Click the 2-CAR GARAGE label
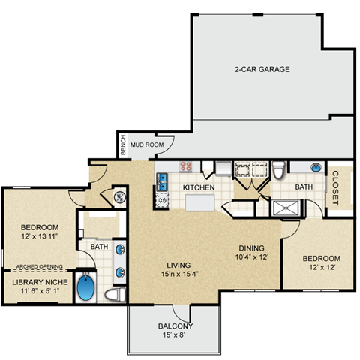(x=262, y=69)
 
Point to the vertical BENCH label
(x=123, y=145)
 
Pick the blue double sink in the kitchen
(x=161, y=179)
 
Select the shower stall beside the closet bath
(x=284, y=208)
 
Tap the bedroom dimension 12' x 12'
(x=321, y=268)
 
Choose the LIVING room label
(x=178, y=265)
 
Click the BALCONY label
(x=175, y=326)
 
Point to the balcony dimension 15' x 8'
(x=175, y=336)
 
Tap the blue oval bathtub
(x=87, y=289)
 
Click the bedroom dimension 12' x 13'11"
(x=38, y=237)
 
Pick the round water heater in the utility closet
(x=120, y=198)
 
